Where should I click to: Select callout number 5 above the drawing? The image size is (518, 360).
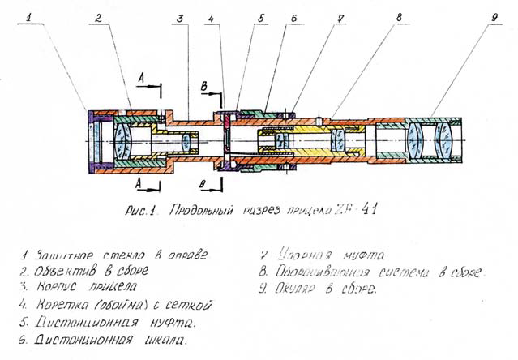tap(260, 16)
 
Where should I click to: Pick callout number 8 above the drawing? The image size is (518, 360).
tap(400, 16)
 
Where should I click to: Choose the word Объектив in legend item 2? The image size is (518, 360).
tap(66, 271)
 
